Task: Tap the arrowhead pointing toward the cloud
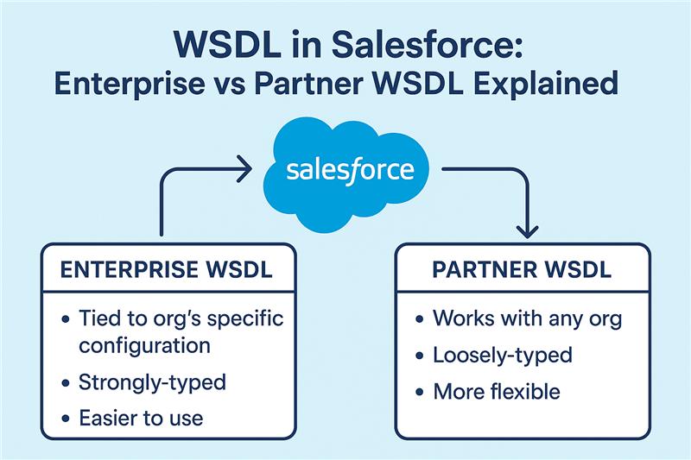click(x=244, y=168)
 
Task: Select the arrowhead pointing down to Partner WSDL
click(x=527, y=231)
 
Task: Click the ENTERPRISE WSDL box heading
click(x=166, y=270)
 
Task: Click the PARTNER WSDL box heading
click(x=522, y=270)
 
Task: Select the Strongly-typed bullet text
click(x=152, y=382)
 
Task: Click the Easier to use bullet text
click(x=141, y=418)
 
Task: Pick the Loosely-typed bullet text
click(x=503, y=356)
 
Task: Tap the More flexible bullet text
click(x=497, y=391)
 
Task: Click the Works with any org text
click(x=527, y=318)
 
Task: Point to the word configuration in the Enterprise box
click(x=144, y=346)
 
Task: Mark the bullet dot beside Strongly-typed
click(x=66, y=383)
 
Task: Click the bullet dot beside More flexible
click(x=420, y=392)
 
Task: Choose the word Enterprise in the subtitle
click(x=130, y=84)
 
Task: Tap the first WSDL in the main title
click(x=228, y=45)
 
